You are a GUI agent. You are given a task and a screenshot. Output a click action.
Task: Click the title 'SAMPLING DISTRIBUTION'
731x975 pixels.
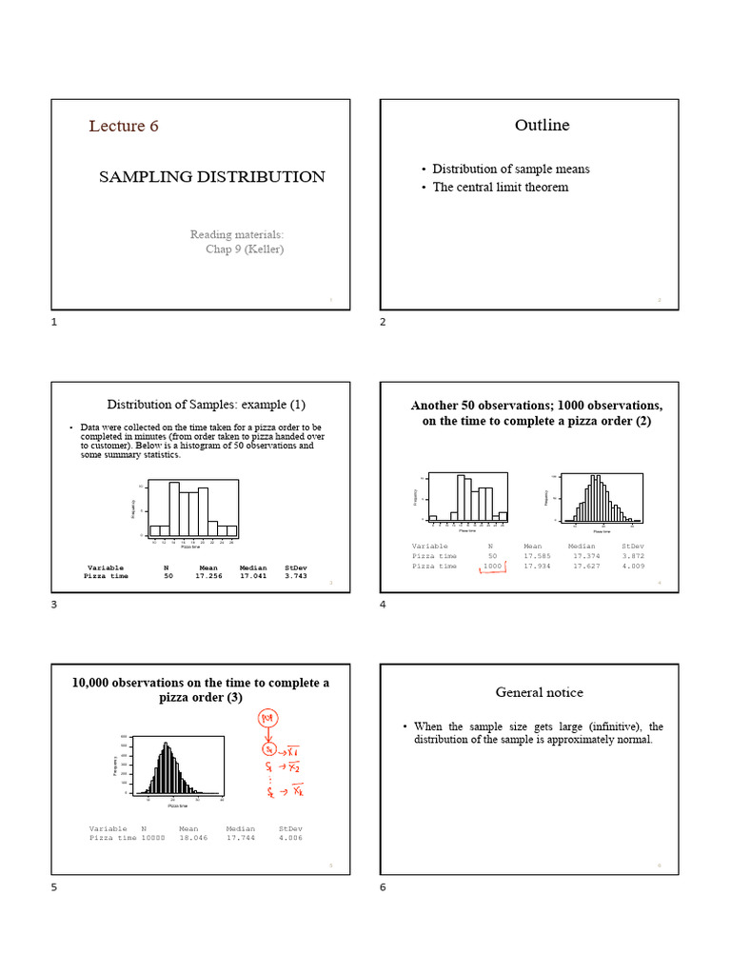(212, 177)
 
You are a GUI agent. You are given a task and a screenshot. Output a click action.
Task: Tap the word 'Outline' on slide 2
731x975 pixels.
(543, 126)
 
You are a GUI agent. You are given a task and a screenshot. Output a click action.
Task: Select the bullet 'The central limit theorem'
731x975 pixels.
(501, 188)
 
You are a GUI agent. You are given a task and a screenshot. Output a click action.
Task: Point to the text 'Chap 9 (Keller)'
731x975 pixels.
(245, 249)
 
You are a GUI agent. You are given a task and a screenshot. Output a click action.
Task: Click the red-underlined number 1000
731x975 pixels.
(492, 566)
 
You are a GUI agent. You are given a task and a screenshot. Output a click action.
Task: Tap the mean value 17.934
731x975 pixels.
(539, 566)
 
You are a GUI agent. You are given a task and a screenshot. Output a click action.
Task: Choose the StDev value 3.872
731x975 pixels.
(633, 555)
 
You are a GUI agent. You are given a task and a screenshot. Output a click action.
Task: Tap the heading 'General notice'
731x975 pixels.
(540, 692)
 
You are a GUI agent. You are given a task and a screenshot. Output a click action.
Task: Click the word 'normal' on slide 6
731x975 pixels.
(632, 740)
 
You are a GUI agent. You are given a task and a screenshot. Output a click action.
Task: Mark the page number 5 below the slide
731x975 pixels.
(54, 887)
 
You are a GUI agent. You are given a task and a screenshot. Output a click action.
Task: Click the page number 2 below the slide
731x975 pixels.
(383, 323)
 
